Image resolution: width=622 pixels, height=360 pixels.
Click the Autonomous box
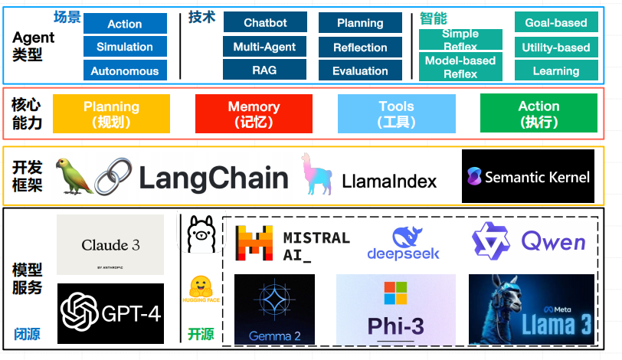124,71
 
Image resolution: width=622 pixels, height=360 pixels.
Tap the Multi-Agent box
264,47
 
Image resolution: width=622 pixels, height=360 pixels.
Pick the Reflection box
360,47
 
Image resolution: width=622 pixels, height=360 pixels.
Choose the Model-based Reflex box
460,67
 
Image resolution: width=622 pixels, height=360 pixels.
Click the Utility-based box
555,47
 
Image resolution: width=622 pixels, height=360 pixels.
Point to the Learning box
555,71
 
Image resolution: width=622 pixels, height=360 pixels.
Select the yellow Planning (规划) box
111,113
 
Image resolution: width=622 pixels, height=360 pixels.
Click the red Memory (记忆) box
254,113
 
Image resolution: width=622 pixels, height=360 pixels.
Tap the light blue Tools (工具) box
396,113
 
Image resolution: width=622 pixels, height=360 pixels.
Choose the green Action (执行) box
539,113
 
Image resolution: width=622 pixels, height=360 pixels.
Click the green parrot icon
76,175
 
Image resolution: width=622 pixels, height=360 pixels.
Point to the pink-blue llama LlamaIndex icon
316,175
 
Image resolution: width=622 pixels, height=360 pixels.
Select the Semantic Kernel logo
528,176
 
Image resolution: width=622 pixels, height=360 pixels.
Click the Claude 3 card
110,245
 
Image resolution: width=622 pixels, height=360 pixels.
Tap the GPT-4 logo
110,313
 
